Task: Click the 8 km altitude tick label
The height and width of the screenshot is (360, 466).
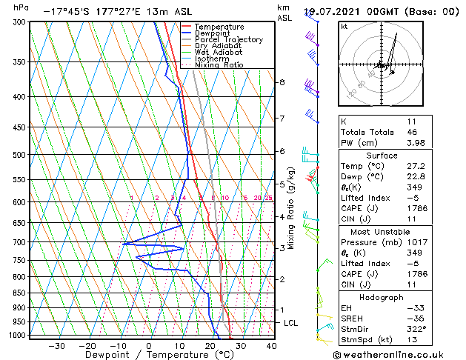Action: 282,82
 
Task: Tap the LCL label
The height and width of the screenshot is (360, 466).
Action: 291,324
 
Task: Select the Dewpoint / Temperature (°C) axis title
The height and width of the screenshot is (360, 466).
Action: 148,356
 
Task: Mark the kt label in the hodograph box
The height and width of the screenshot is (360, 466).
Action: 344,27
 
